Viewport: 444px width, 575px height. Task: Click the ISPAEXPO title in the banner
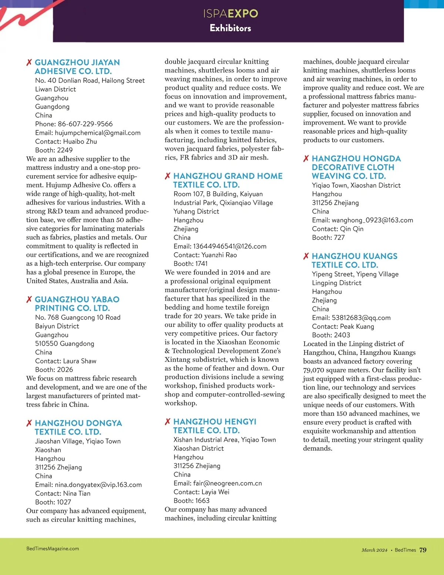231,14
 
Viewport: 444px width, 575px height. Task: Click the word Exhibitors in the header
230,28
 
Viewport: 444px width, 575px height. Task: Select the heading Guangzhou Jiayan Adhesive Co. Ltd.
77,67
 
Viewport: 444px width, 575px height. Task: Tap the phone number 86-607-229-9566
85,124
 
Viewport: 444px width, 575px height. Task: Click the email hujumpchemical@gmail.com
98,133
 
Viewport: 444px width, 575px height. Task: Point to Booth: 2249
54,150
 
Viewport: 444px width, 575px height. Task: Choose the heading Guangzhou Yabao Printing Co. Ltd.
77,304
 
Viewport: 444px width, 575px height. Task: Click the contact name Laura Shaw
80,361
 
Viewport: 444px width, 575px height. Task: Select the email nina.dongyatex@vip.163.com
98,485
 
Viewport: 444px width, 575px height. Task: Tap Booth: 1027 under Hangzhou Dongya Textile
53,502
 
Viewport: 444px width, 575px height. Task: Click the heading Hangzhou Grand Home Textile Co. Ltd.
228,180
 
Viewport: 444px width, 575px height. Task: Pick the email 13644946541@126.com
229,246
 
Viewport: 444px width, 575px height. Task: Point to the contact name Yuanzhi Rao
219,255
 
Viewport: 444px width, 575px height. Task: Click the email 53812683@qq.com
361,318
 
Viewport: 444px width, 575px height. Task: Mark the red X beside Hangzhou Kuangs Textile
306,256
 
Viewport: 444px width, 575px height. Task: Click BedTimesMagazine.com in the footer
53,549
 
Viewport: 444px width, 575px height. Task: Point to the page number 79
423,550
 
